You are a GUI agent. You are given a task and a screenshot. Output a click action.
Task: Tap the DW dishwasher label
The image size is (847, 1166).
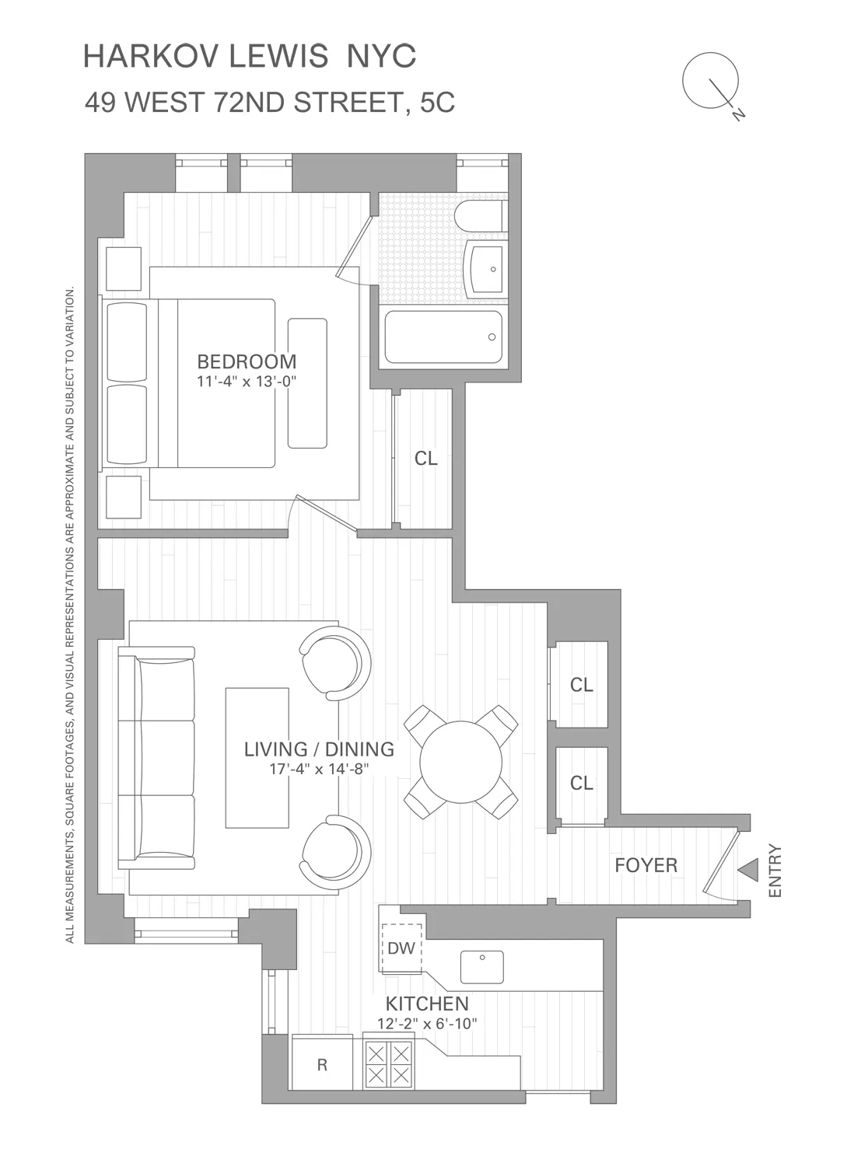[401, 948]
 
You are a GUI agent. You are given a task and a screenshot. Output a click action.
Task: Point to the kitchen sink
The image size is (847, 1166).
[481, 967]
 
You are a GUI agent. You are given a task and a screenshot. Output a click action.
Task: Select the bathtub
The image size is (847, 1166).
[443, 337]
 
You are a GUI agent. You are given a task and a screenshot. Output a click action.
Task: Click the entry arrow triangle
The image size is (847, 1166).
[748, 870]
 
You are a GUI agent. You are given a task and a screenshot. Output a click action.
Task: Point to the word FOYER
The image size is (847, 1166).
[646, 865]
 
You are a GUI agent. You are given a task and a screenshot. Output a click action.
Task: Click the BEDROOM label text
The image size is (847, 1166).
[247, 361]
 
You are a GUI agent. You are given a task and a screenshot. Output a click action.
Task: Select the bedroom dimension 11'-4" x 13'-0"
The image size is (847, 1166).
[247, 382]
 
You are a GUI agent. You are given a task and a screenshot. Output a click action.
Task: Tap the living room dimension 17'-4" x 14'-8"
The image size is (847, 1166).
[319, 770]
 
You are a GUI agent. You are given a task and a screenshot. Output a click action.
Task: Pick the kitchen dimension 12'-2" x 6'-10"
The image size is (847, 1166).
[427, 1024]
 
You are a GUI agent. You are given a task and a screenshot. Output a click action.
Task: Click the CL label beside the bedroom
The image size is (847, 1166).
[425, 459]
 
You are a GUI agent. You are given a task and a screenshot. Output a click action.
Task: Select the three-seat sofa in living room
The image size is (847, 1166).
[156, 758]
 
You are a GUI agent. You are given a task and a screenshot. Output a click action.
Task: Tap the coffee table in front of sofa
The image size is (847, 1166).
[257, 758]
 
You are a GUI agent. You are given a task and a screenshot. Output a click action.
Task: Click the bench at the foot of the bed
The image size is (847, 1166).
[307, 383]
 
